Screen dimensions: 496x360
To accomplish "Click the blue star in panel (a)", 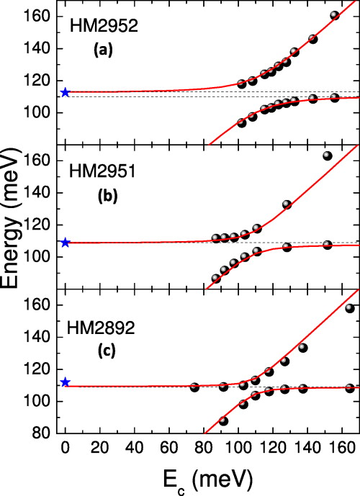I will tap(66, 92).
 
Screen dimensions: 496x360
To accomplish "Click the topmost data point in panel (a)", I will tap(334, 15).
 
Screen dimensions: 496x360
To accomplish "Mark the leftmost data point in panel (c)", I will tap(194, 387).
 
